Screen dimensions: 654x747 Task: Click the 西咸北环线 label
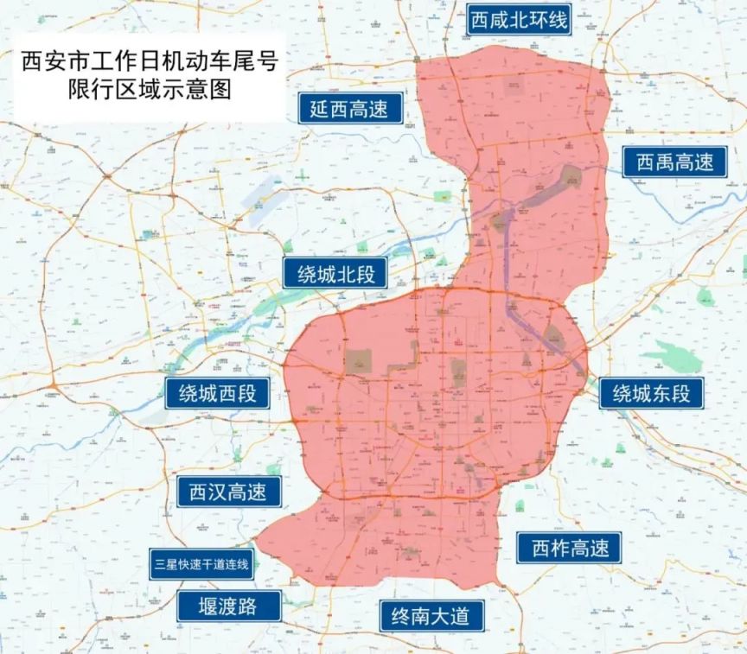(519, 20)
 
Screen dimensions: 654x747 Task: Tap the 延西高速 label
(349, 110)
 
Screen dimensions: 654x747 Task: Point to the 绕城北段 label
(335, 275)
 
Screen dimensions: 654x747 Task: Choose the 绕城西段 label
(217, 394)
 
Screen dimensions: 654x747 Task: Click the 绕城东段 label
(651, 394)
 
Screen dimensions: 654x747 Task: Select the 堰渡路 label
(229, 606)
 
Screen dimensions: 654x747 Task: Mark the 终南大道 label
(431, 616)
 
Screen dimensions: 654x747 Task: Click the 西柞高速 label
(569, 548)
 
